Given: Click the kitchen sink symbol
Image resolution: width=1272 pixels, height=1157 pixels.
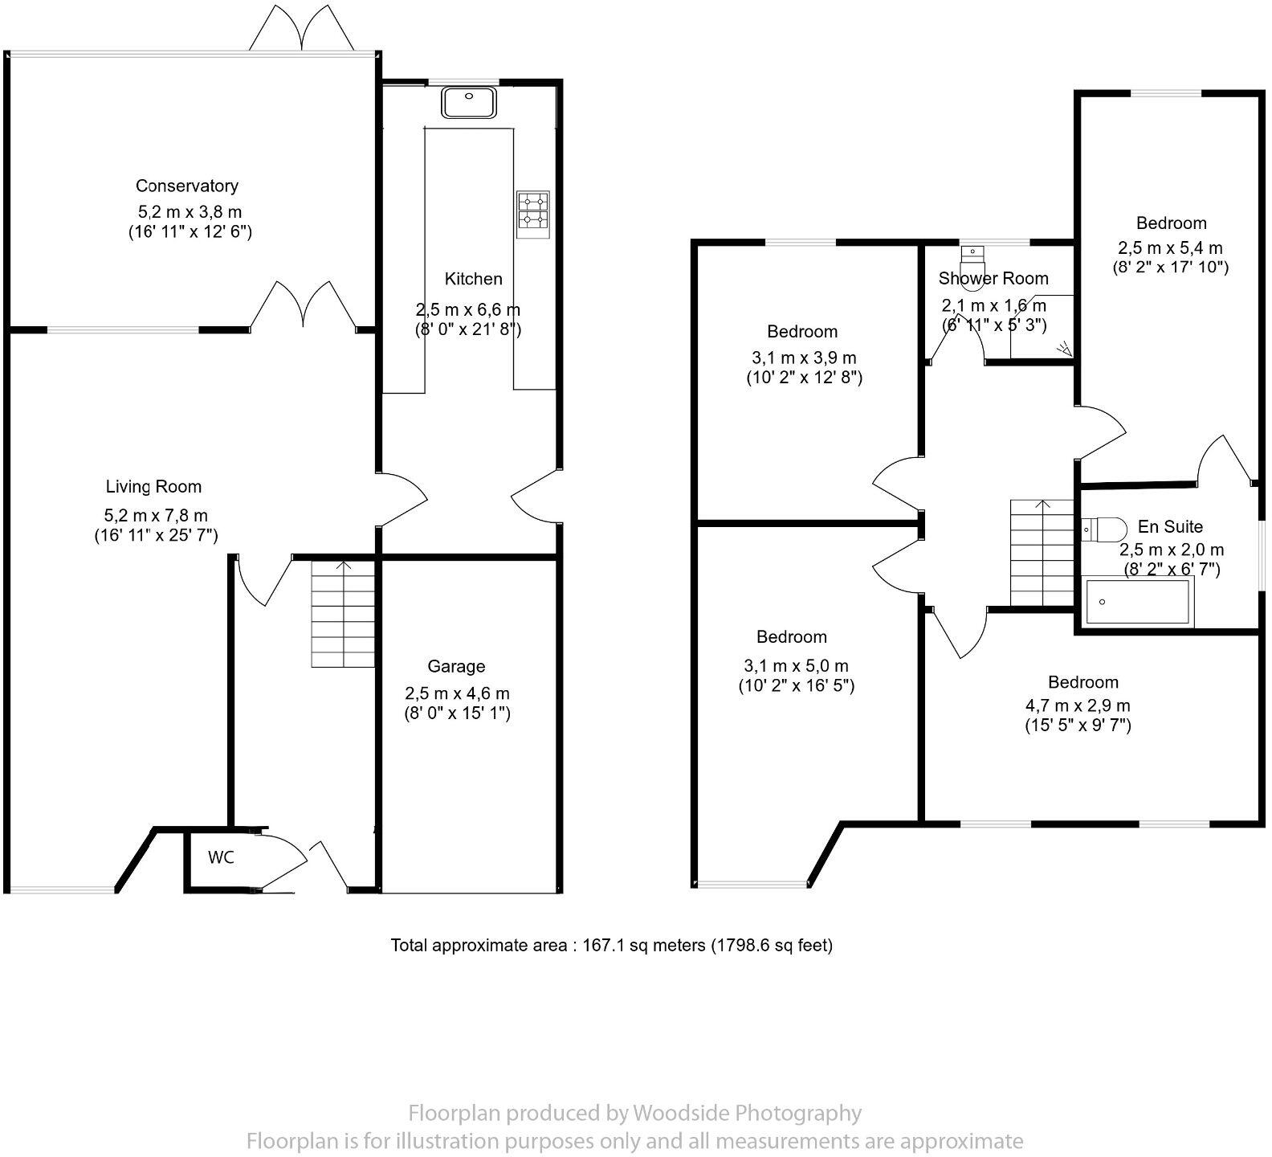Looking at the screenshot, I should [x=469, y=102].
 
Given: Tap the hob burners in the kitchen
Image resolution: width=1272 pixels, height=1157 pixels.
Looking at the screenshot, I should [x=532, y=211].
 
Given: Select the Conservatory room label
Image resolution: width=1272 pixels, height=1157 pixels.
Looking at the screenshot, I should [x=187, y=186].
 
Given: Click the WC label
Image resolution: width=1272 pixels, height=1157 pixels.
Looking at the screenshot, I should [x=221, y=857].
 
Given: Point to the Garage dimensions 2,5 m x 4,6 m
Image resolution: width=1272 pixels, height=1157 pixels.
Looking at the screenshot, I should [x=457, y=693].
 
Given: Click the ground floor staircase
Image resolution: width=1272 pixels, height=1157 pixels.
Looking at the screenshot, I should [x=343, y=614].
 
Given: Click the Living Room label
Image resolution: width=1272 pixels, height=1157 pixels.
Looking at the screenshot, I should [x=153, y=486].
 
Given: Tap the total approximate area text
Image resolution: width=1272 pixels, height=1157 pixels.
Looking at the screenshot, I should [x=611, y=945].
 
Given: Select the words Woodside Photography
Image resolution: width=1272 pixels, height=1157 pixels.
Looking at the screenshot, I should [x=746, y=1113].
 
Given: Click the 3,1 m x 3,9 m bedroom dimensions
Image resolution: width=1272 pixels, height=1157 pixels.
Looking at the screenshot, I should [x=803, y=358].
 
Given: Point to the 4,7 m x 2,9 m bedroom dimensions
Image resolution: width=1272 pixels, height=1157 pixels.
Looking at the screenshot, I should [x=1078, y=705].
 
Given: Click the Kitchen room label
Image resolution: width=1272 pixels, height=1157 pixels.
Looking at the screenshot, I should [x=473, y=279].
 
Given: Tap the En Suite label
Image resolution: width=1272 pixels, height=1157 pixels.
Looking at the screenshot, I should [x=1170, y=526].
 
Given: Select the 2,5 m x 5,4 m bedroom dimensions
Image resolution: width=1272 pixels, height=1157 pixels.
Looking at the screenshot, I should [x=1170, y=248].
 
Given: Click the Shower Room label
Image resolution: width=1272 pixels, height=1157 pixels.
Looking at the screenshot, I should [x=993, y=278].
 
